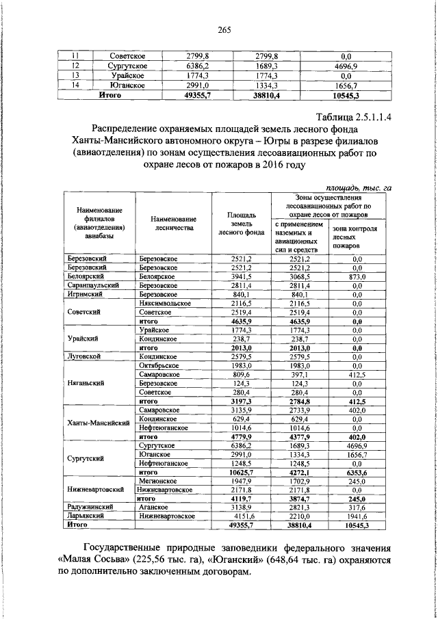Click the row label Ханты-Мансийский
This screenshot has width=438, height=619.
tap(99, 423)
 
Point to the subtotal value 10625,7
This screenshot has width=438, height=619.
tap(242, 471)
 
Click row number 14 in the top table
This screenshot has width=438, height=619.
tap(77, 85)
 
